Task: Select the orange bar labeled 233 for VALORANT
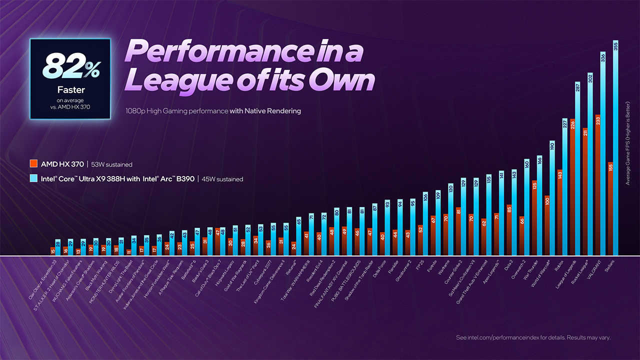597,185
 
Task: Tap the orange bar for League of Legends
572,187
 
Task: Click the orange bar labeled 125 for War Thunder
534,218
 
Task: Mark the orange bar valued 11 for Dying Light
128,252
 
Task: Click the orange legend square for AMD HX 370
33,163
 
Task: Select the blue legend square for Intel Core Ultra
33,178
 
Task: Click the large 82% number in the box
69,67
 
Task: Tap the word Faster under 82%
70,90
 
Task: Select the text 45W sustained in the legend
222,179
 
